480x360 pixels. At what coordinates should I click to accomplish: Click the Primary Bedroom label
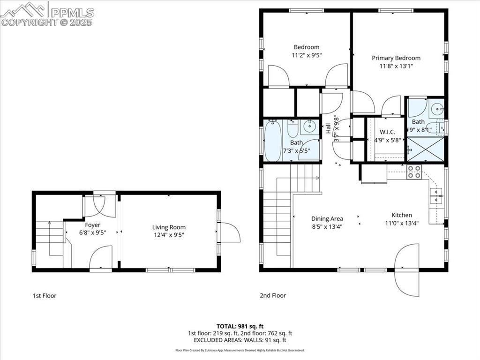tap(396, 58)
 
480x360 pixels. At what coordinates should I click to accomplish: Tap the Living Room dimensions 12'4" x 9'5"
tap(169, 235)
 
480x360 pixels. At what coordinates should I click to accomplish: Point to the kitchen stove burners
tap(414, 172)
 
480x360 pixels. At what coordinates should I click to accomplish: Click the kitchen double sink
tap(436, 196)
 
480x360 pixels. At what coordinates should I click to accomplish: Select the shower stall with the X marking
tap(425, 148)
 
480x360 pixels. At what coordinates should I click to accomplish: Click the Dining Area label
tap(327, 218)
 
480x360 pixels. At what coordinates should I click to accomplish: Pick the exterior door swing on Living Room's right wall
tap(230, 232)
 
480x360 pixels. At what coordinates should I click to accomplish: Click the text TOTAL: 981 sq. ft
tap(240, 326)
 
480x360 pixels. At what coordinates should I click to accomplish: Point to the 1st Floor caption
tap(45, 296)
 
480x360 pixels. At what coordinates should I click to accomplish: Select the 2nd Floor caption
tap(273, 296)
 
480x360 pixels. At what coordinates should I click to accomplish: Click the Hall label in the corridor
tap(328, 127)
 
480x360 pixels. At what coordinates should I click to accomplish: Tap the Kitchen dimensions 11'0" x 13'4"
tap(401, 223)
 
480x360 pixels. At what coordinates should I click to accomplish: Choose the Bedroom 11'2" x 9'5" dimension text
tap(307, 55)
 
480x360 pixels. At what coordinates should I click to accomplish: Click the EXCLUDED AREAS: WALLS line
tap(240, 340)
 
